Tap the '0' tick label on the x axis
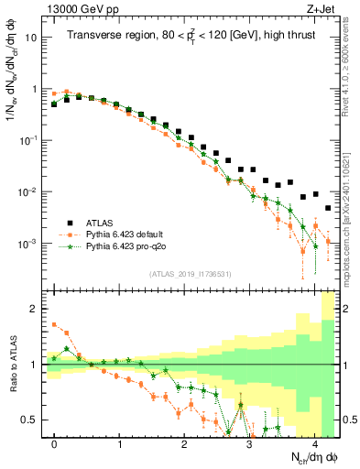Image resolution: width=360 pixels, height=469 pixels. click(55, 443)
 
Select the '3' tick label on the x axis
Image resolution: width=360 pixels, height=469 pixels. click(250, 443)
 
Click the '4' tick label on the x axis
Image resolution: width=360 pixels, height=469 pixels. click(315, 443)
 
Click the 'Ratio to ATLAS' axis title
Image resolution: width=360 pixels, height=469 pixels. click(13, 365)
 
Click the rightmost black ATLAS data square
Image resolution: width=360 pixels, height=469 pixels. click(328, 209)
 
